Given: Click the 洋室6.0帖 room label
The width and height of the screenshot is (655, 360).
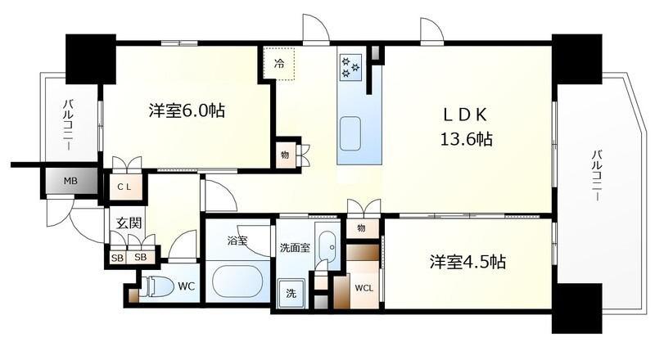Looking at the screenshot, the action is coord(187,110).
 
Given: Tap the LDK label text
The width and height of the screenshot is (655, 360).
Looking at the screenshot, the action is coord(465,115).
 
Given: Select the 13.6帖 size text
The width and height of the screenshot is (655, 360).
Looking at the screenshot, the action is coord(466,138).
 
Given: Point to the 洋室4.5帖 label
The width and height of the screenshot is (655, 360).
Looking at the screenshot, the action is coord(468,262).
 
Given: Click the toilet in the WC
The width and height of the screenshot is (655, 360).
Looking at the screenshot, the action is coord(157,286).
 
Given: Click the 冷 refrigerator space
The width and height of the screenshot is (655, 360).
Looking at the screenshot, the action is coord(279,64).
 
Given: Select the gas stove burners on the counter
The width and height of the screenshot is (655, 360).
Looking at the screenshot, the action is coord(350,67).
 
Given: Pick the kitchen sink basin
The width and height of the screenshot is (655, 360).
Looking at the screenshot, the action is coord(350,133).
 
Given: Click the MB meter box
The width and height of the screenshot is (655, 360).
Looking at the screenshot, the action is coord(70,182).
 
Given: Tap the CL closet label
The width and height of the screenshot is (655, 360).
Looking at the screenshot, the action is coord(124,187).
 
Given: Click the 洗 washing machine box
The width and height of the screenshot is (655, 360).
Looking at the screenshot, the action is coord(291,293).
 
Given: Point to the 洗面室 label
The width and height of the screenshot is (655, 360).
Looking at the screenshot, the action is coord(295,248).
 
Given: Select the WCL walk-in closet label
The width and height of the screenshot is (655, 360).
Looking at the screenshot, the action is coord(364,288).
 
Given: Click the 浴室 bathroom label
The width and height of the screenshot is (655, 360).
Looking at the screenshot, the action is coord(237,241).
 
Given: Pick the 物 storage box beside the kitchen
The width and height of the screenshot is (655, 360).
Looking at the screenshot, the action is coord(285,155).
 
